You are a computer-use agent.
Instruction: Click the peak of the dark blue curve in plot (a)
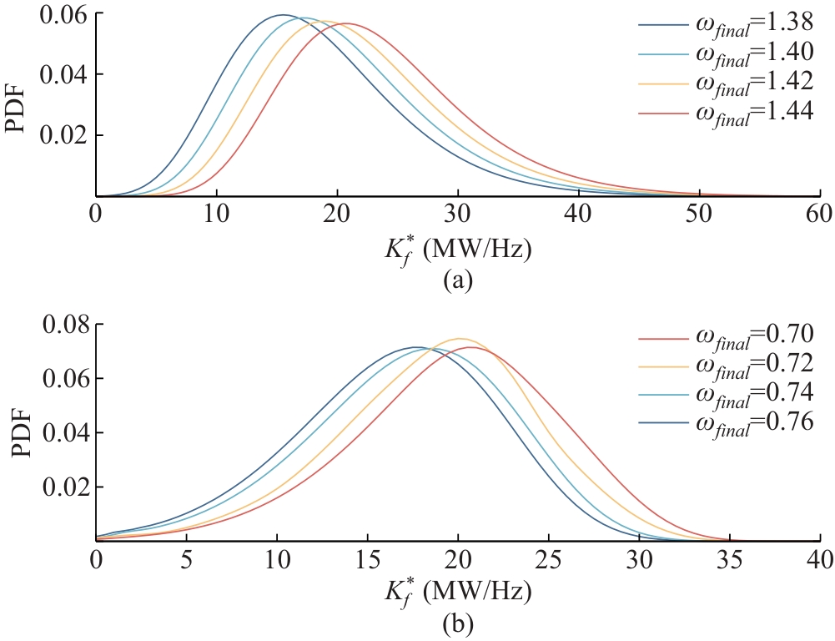[283, 15]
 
